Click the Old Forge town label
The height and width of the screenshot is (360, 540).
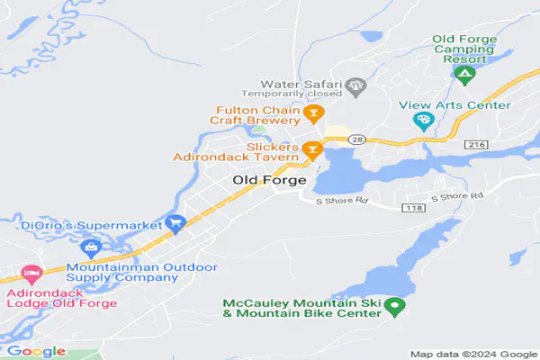pyautogui.click(x=269, y=180)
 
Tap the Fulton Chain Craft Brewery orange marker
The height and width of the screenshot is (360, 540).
pyautogui.click(x=313, y=113)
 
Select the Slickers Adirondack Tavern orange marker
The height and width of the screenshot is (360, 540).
pyautogui.click(x=312, y=149)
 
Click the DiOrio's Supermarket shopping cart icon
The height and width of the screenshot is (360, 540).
pyautogui.click(x=175, y=222)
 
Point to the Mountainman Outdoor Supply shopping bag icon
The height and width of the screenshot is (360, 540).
pyautogui.click(x=89, y=247)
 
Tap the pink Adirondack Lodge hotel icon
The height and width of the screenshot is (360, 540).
pyautogui.click(x=31, y=272)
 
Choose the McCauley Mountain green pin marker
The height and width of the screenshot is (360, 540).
pyautogui.click(x=393, y=307)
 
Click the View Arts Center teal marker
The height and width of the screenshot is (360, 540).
pyautogui.click(x=422, y=121)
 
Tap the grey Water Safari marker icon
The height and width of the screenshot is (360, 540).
pyautogui.click(x=357, y=88)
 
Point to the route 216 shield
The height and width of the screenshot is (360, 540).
pyautogui.click(x=475, y=144)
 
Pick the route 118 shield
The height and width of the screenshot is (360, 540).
pyautogui.click(x=415, y=208)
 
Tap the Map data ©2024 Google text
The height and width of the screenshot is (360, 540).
pyautogui.click(x=472, y=353)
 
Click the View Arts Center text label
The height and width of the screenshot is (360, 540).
pyautogui.click(x=467, y=105)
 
